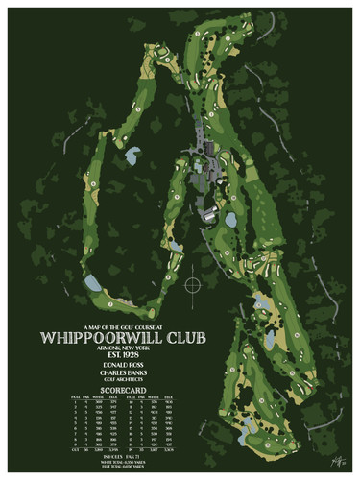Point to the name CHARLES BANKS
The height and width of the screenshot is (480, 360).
[x=126, y=375]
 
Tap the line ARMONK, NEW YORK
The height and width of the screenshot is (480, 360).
[x=126, y=348]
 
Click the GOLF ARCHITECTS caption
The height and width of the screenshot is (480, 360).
[x=126, y=382]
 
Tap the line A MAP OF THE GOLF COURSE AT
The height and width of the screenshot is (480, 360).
[x=126, y=325]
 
